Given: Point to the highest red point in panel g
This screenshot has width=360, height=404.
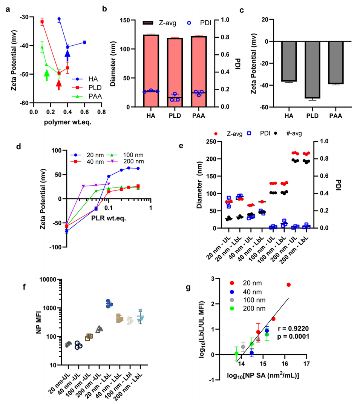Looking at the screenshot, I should point(289,285).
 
